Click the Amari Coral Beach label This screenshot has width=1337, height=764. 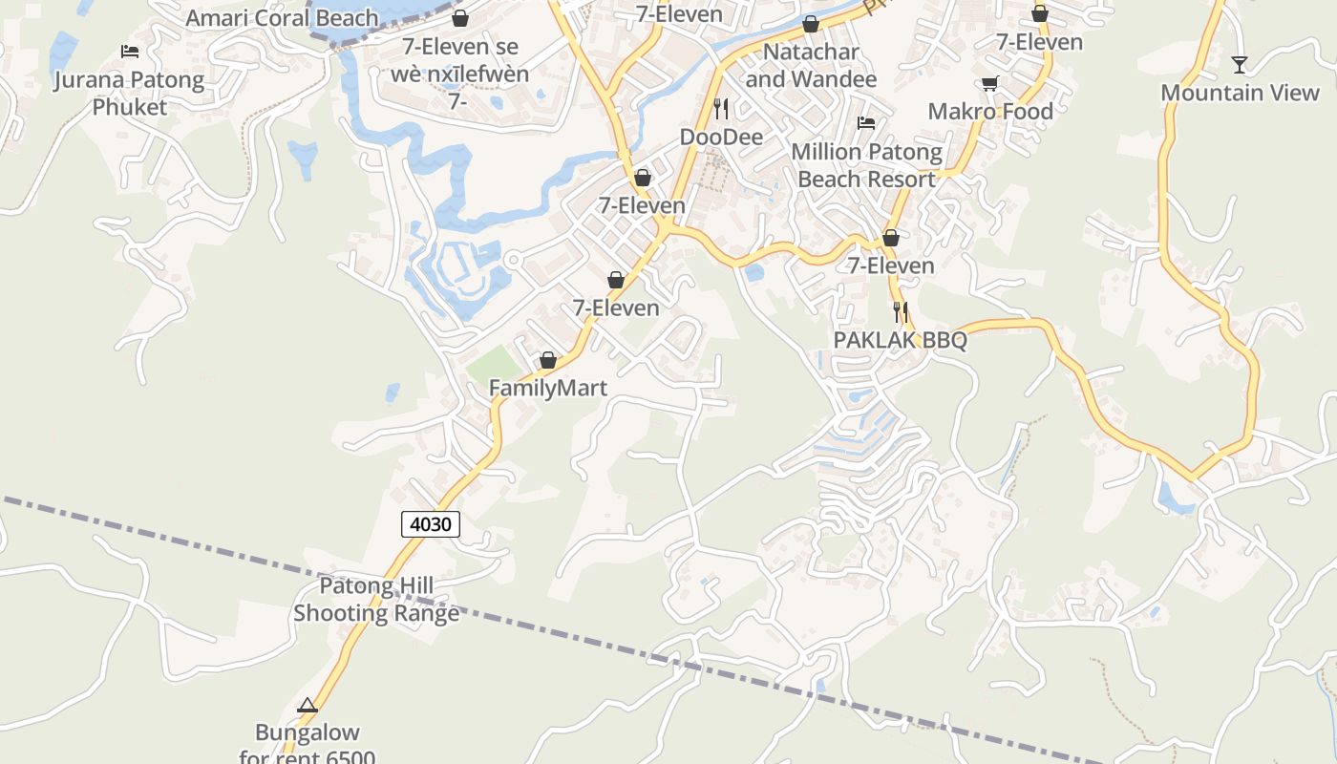pos(282,18)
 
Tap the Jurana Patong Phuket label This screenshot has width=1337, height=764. pos(129,93)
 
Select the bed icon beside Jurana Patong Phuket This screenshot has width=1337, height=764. pos(130,51)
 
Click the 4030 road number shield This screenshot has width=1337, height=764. pos(431,523)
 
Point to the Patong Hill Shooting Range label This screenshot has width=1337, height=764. pos(376,600)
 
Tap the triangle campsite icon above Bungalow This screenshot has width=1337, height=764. pos(307,706)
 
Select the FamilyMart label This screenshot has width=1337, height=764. pos(548,388)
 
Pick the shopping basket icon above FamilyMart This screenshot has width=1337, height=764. pos(548,360)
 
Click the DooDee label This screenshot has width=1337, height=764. pos(721,137)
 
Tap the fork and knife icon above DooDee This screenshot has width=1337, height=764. pos(721,108)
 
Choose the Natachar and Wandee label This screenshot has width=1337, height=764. pos(811,65)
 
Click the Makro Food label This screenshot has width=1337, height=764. pos(990,111)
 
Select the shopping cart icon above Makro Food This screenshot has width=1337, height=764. pos(989,83)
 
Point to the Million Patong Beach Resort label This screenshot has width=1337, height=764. pos(866,165)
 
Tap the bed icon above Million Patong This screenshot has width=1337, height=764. pos(866,122)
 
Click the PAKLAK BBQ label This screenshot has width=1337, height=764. pos(900,340)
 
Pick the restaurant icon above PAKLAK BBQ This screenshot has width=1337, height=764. pos(900,311)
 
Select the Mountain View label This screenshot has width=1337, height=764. pos(1240,93)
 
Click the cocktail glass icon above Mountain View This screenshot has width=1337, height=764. pos(1240,65)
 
